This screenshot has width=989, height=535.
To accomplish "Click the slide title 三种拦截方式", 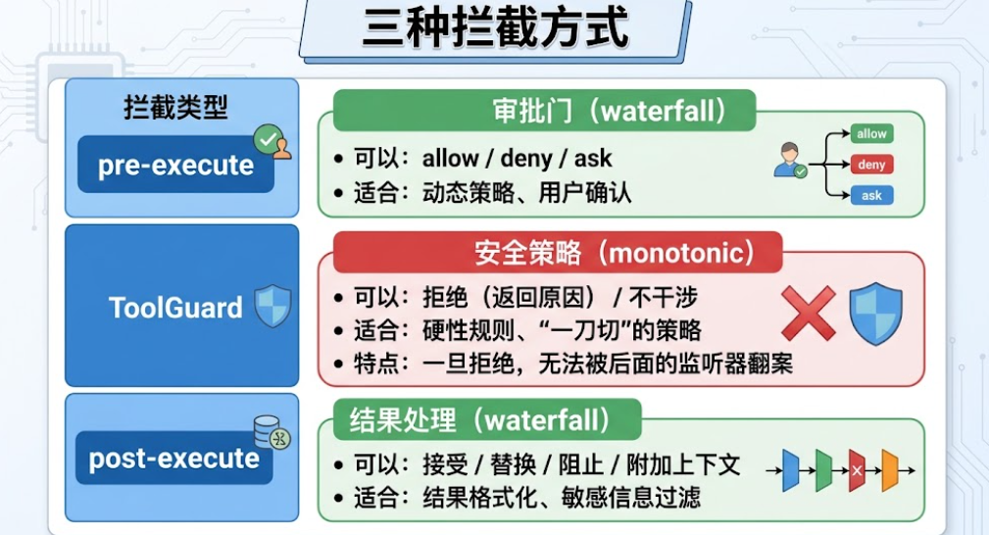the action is (x=495, y=27).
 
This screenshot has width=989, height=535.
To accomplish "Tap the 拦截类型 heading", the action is (x=176, y=107).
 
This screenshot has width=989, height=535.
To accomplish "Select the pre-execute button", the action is (x=176, y=165).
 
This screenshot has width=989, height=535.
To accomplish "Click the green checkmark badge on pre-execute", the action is (x=268, y=139).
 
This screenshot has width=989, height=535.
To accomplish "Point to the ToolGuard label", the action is (x=175, y=308).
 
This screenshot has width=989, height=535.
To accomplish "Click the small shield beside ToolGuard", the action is (x=273, y=306).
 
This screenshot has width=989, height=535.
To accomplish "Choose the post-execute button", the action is (x=174, y=458).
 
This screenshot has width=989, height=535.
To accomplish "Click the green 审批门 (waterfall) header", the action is (x=544, y=111).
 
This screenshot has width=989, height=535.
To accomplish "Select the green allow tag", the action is (x=871, y=133).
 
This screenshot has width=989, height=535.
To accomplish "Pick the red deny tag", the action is (x=871, y=165).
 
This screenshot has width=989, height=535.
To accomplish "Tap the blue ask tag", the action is (x=871, y=196).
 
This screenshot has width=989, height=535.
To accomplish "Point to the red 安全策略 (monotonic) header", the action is (x=558, y=253).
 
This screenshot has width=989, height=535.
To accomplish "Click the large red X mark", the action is (x=809, y=313).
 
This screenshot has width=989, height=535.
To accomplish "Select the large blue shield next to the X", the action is (x=876, y=314).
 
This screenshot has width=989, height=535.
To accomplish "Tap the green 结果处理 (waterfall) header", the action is (x=487, y=419).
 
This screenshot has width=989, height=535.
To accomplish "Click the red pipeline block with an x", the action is (x=857, y=470).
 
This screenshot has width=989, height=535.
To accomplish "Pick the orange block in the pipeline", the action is (x=890, y=470).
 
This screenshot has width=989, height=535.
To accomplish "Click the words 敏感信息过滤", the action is (x=630, y=497).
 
